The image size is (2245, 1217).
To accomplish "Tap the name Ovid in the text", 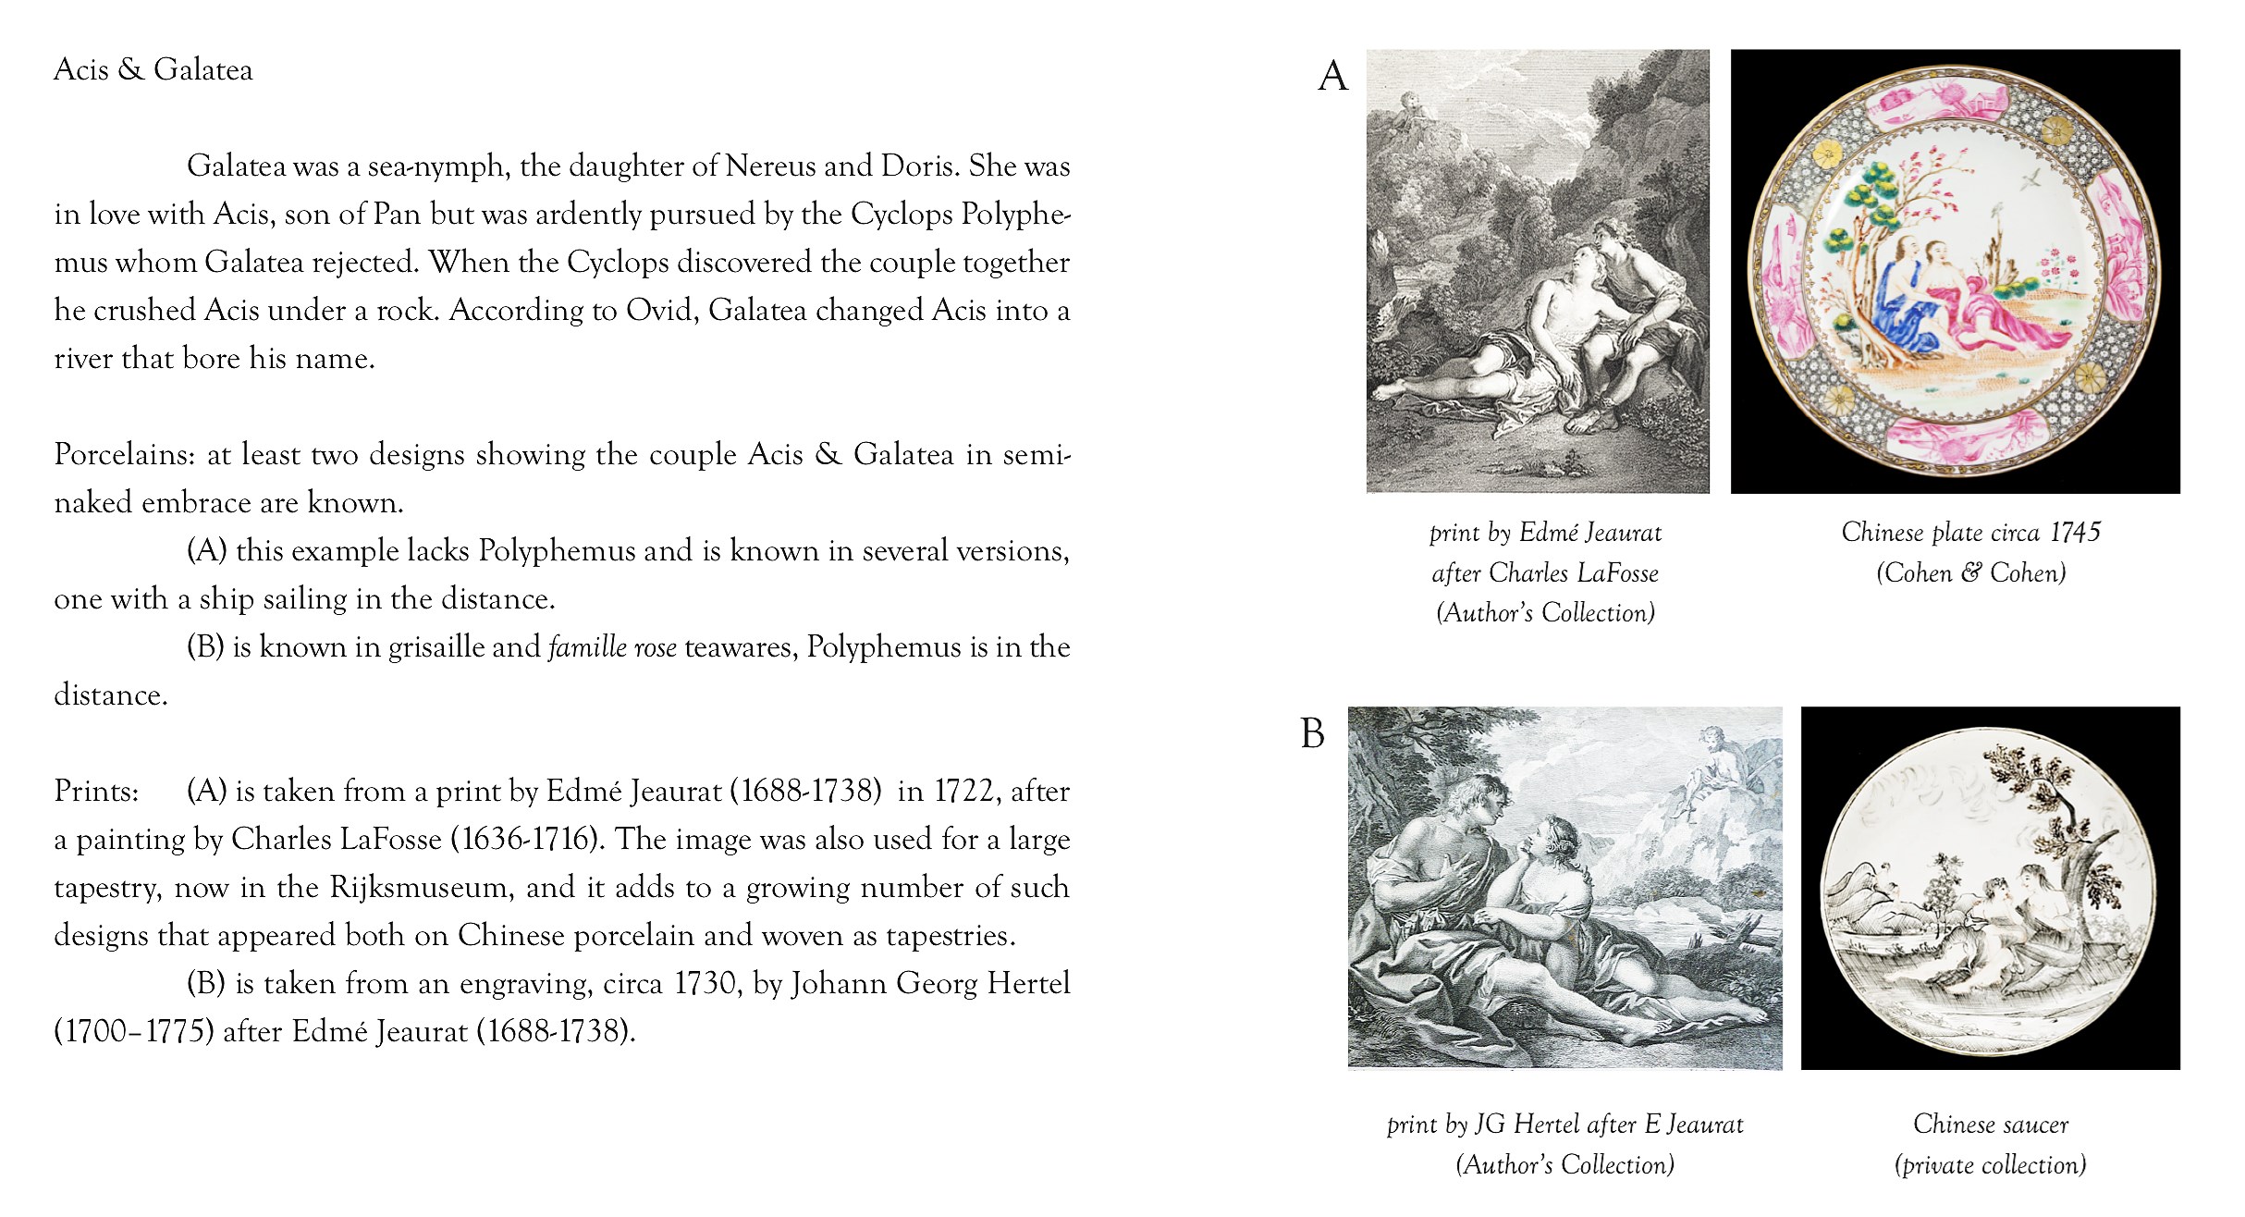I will [659, 311].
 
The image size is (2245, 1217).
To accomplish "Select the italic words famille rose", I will [612, 647].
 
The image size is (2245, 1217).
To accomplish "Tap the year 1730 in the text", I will [705, 984].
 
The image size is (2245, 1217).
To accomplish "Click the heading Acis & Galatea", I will [153, 70].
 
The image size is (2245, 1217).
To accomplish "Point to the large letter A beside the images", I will [1332, 76].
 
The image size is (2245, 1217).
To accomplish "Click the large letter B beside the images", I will [1313, 734].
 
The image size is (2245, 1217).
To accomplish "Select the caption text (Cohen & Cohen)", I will [1970, 573].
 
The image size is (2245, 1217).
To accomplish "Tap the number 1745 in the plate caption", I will [2075, 533].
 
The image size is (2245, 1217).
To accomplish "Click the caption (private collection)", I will [1990, 1165].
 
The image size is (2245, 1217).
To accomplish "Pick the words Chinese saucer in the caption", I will [1990, 1125].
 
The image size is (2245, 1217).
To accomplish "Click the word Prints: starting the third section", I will [96, 792].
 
